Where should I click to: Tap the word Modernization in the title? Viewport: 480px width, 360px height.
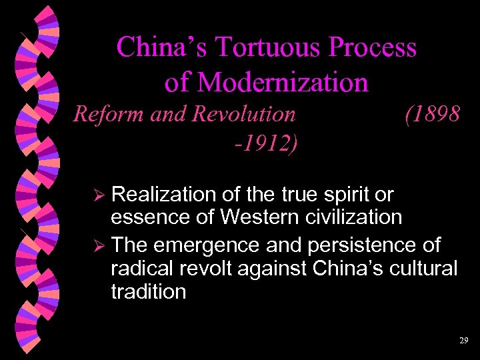click(283, 82)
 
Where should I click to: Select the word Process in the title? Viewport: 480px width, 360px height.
click(372, 48)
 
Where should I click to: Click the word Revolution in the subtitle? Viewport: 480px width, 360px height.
click(243, 114)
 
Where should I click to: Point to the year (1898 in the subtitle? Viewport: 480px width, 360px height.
click(431, 114)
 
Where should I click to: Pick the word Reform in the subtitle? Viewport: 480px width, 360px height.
click(109, 114)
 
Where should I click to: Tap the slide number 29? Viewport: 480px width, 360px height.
click(463, 340)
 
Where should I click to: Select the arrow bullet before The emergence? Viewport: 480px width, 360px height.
click(101, 246)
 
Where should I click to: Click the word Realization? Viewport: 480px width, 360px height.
click(163, 195)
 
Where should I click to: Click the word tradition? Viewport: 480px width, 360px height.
click(148, 291)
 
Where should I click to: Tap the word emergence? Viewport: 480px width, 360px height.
click(199, 245)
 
